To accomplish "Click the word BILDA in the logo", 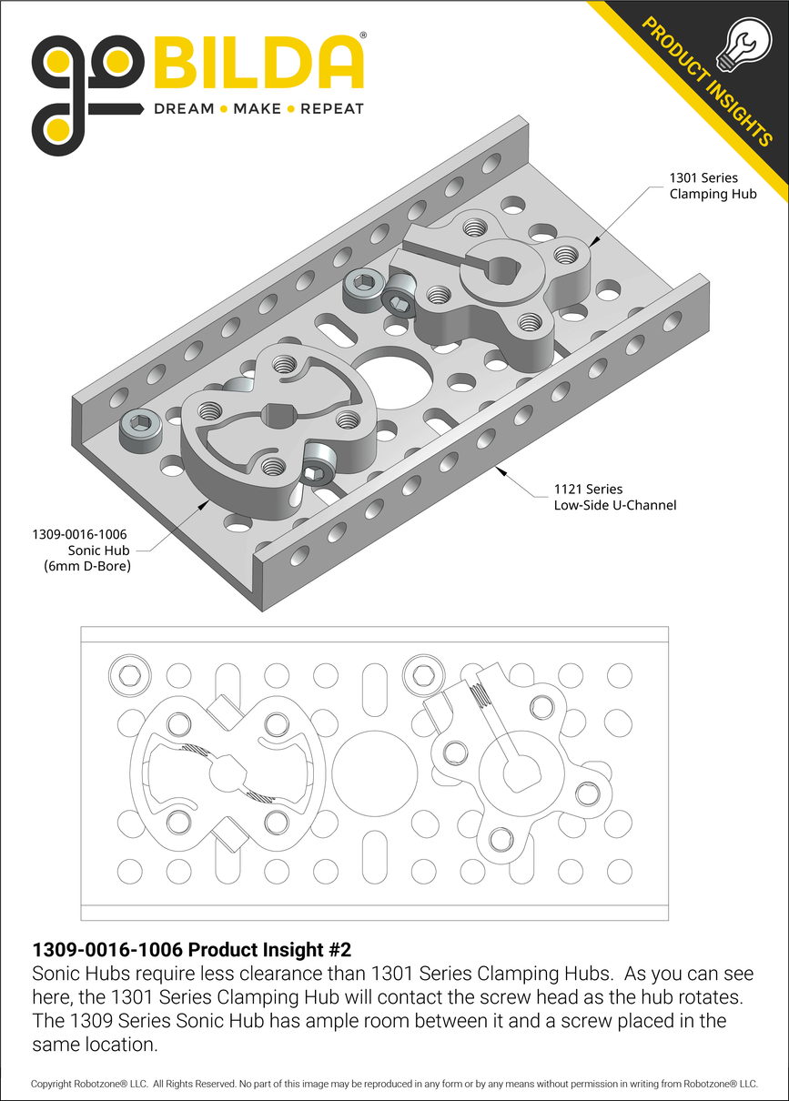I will pos(259,64).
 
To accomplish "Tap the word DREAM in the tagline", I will pos(184,109).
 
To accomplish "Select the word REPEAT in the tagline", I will pos(331,109).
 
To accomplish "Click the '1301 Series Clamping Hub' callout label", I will pos(713,186).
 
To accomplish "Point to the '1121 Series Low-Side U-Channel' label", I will pos(614,497).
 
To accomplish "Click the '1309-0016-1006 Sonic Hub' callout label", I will pos(81,550).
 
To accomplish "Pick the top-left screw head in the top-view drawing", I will pos(126,674).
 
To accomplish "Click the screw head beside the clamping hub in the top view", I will pos(422,674).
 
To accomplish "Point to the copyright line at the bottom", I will pos(394,1084).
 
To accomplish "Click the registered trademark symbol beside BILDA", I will pos(363,35).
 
